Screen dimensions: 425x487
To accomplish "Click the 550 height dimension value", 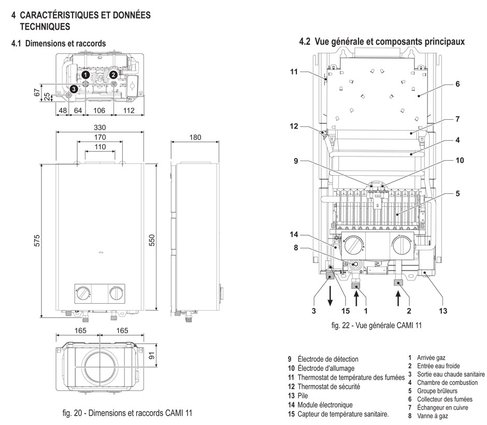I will [x=152, y=240].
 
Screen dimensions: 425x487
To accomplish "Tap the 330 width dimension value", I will [x=99, y=127].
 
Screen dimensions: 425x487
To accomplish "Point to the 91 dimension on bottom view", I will [x=152, y=356].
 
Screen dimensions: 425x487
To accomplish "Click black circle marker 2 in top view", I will [x=113, y=75].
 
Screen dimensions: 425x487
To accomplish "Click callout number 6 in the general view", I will [x=457, y=83].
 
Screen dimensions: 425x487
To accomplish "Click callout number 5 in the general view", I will [x=457, y=194].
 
